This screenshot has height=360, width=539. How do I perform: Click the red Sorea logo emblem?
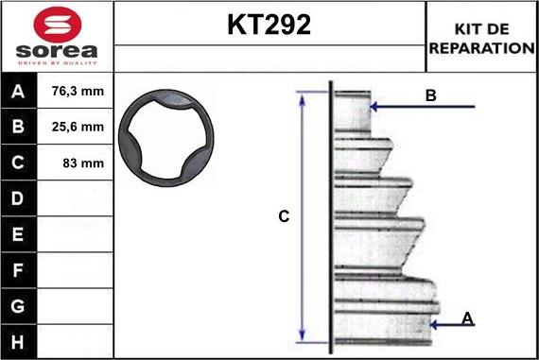(58, 25)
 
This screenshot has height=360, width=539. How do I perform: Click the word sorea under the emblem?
(57, 51)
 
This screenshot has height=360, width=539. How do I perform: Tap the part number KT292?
(269, 25)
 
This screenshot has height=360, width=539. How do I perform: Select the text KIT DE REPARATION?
(481, 39)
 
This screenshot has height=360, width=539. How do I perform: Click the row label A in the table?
(18, 92)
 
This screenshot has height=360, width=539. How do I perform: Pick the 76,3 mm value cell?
(78, 92)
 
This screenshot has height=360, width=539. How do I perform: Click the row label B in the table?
(18, 127)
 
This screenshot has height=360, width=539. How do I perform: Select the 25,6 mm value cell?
(78, 128)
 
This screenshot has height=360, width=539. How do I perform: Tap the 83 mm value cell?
(83, 163)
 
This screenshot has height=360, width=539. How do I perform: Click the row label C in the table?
(18, 163)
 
